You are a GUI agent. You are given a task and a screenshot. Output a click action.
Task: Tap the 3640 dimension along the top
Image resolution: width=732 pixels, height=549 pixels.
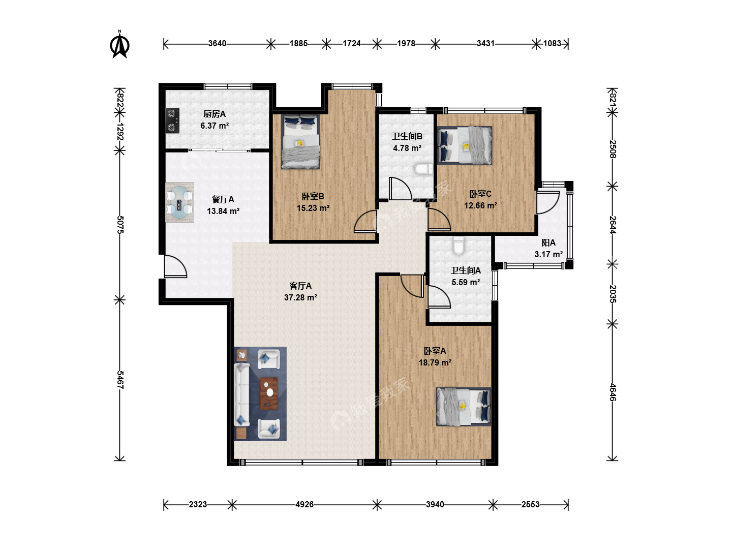coord(217,44)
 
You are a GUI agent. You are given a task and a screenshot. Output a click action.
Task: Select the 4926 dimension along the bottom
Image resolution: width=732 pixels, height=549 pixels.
coord(304,504)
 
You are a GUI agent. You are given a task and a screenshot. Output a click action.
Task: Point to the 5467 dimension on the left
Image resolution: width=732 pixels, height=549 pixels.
coord(120,380)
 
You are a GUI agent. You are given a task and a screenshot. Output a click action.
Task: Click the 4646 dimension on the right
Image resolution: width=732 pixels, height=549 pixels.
coord(613,392)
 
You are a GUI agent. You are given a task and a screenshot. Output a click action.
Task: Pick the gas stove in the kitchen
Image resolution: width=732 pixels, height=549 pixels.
coord(172,120)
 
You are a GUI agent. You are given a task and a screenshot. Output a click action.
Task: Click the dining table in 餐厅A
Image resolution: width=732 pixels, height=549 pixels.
coord(179,202)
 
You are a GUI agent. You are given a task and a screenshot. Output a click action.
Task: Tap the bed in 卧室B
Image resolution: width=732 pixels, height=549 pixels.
coord(300,142)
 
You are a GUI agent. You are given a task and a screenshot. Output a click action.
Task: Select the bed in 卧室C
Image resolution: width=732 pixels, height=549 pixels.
coord(465,145)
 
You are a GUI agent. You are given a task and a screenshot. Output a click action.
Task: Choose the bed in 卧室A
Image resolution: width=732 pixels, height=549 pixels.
coord(464,406)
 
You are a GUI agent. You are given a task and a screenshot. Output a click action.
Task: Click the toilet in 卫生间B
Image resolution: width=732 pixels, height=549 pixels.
coord(423,169)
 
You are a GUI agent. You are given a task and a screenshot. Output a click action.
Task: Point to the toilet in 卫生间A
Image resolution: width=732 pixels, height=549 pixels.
coord(459,246)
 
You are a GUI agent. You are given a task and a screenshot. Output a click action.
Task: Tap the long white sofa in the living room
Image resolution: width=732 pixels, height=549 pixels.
coord(242,395)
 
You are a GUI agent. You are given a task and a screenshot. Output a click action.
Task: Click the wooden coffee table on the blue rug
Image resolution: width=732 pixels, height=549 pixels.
coord(269,393)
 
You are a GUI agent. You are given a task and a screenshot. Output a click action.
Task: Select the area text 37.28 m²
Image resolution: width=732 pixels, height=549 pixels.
coord(300,297)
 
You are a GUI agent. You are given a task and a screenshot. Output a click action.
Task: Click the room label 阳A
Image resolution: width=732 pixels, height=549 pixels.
coord(548,242)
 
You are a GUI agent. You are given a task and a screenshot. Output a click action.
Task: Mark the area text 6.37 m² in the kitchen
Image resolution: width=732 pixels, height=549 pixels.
coord(215,126)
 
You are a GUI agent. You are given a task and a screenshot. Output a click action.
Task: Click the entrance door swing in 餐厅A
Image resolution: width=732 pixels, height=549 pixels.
coord(175,266)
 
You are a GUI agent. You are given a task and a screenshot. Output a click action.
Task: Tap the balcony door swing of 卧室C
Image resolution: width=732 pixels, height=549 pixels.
coord(547,203)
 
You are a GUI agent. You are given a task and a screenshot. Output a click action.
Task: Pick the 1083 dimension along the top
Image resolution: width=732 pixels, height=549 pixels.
coord(552,44)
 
